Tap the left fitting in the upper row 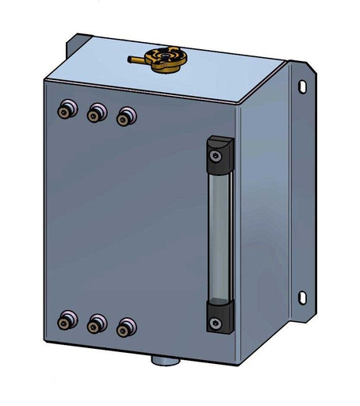pyautogui.click(x=65, y=109)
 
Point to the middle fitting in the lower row pyautogui.click(x=96, y=324)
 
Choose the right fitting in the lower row pyautogui.click(x=124, y=327)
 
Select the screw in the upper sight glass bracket pyautogui.click(x=216, y=158)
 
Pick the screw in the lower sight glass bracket pyautogui.click(x=216, y=321)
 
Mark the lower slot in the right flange pyautogui.click(x=301, y=297)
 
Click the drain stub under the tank pyautogui.click(x=166, y=360)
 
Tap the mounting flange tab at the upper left pyautogui.click(x=77, y=46)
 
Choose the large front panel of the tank pyautogui.click(x=127, y=222)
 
